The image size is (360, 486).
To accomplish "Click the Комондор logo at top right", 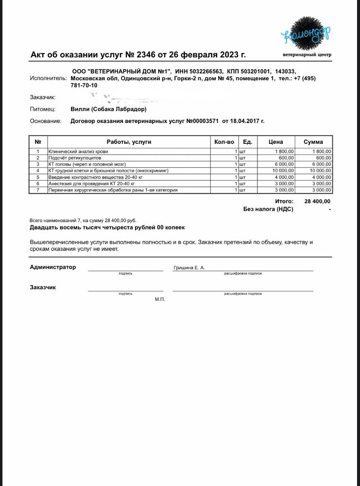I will [x=306, y=35].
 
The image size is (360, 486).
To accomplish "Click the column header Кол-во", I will [x=224, y=142].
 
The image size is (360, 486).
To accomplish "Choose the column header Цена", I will [x=275, y=142].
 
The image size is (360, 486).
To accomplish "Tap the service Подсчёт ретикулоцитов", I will [x=75, y=158].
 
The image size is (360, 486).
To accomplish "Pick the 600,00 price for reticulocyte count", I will [x=286, y=158].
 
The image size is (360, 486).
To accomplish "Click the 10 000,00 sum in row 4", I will [x=320, y=171].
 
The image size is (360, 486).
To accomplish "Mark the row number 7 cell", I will [x=37, y=190].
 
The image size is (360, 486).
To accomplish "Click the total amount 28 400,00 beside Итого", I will [x=317, y=201].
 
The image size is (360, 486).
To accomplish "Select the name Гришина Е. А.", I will [x=189, y=268].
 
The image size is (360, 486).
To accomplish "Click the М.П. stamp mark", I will [x=160, y=299].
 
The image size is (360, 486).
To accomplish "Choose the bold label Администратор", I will [x=53, y=267].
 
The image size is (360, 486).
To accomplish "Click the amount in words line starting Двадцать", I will [x=107, y=227].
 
